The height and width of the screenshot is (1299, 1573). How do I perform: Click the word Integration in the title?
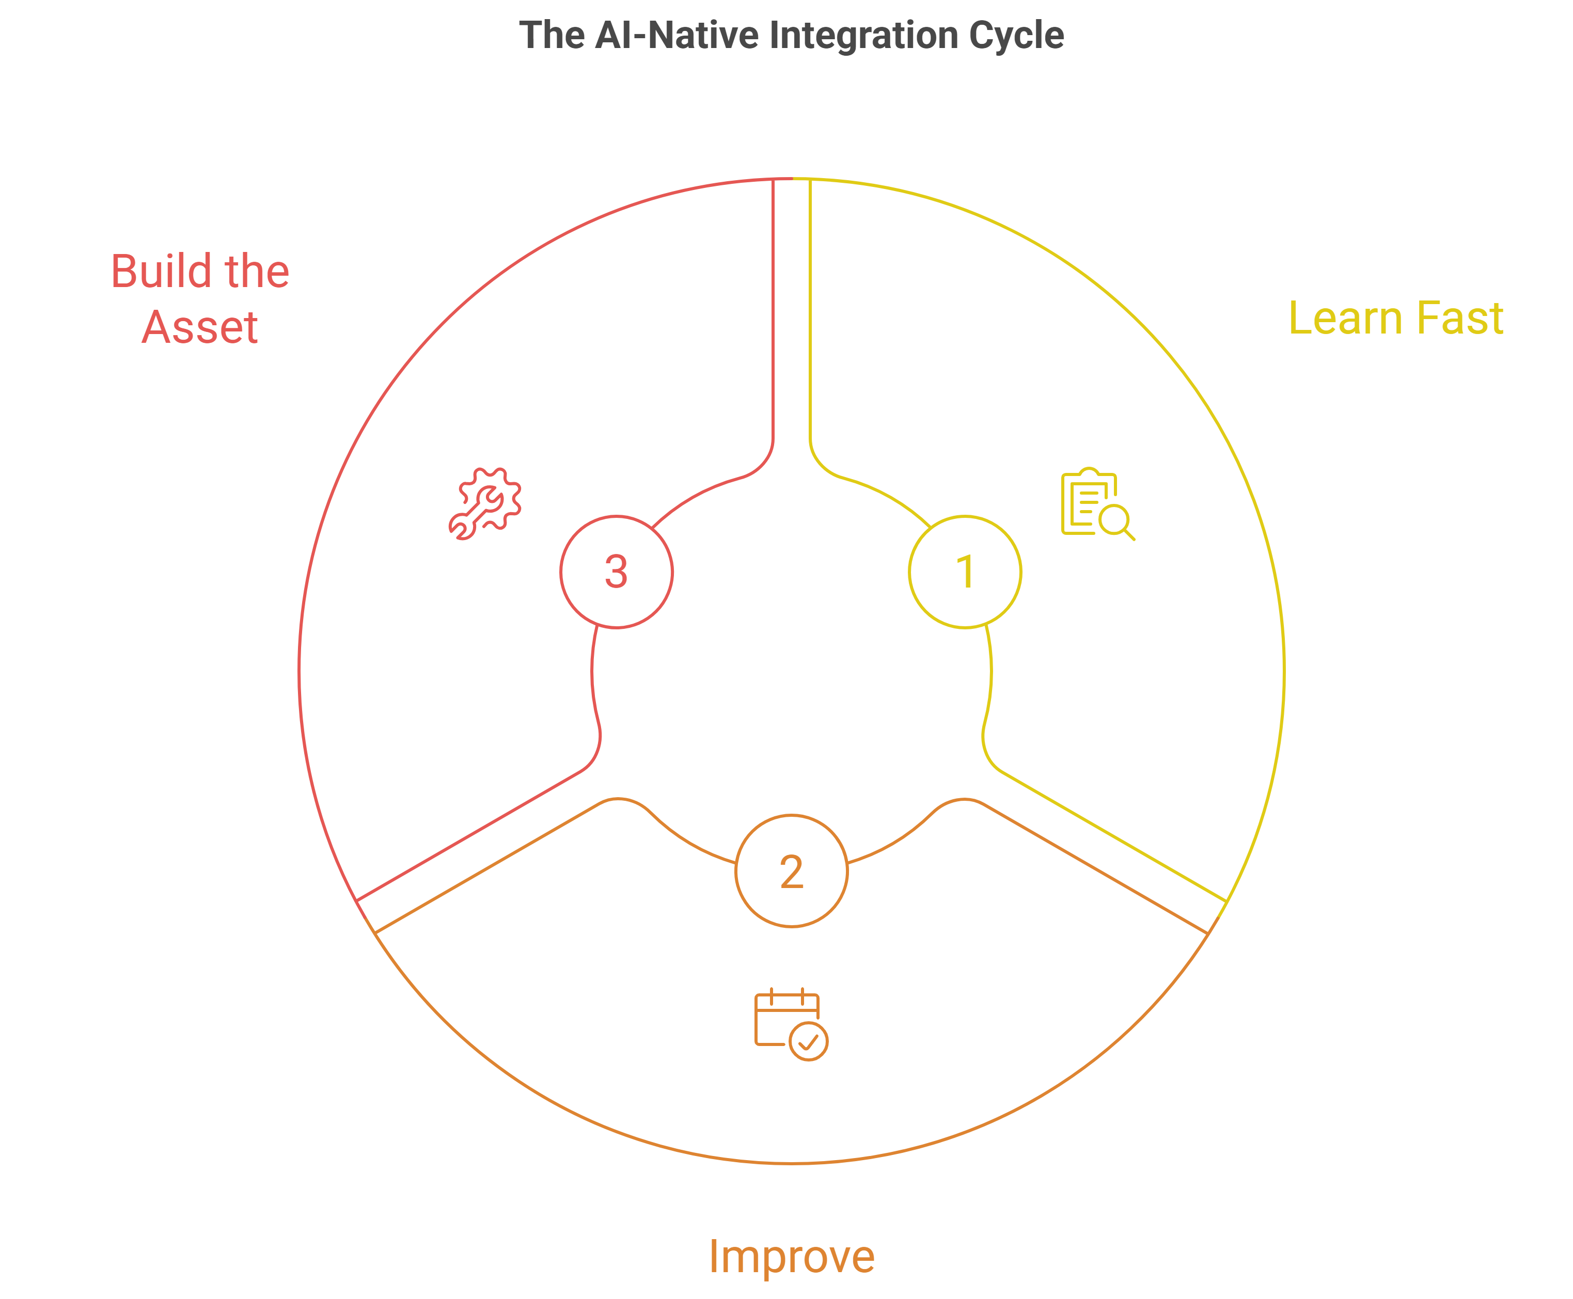[x=863, y=35]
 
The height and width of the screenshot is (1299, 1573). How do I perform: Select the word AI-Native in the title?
[x=677, y=35]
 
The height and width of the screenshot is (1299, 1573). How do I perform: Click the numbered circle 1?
[x=965, y=572]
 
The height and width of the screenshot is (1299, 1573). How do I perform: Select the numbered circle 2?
[x=792, y=871]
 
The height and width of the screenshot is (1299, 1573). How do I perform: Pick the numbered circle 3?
[x=616, y=572]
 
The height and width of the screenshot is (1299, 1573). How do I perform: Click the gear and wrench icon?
[x=485, y=503]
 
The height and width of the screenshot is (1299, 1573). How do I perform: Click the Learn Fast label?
[x=1396, y=318]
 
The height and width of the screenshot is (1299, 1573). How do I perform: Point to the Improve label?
[x=791, y=1256]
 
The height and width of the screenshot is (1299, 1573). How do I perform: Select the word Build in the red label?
[x=157, y=271]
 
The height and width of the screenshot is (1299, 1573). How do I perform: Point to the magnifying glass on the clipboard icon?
[x=1116, y=521]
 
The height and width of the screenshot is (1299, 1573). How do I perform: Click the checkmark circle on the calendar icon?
[x=808, y=1041]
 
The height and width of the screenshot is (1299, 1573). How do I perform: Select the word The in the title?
[x=552, y=35]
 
